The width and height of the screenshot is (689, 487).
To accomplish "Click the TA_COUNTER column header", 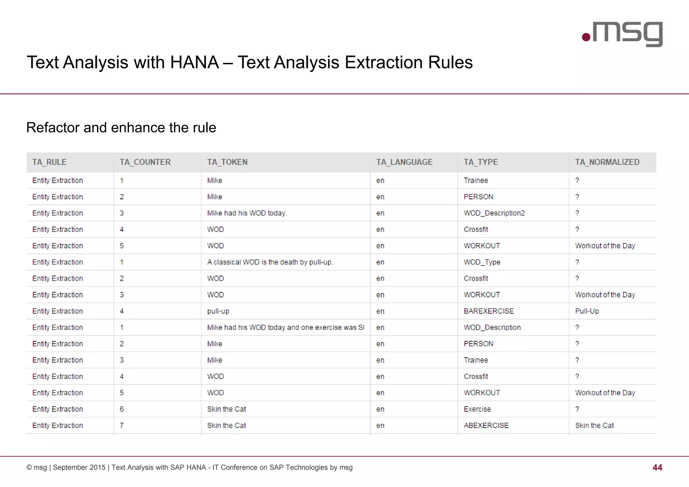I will point(145,162).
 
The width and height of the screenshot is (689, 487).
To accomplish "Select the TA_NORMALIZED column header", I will point(607,162).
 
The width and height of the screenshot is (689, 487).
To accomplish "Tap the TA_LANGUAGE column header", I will point(404,162).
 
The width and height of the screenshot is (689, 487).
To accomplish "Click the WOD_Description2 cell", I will point(494,213).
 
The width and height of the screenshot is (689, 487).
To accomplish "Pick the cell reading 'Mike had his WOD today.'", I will point(247,213).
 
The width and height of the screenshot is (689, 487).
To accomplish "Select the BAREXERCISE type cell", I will point(488,311).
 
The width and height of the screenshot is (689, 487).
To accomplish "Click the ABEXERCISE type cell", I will point(486,425).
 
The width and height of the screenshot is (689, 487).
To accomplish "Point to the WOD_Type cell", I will point(482,262).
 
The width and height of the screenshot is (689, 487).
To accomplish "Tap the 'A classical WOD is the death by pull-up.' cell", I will point(270,262).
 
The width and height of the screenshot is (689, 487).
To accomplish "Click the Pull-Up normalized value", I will point(587,311).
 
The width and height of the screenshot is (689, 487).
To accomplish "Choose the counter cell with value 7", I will point(122,425).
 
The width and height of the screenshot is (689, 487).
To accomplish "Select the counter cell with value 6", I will point(122,409).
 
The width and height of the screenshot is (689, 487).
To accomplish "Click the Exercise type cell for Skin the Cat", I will point(477,409).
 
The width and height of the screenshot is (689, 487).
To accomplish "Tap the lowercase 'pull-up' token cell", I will point(218,311).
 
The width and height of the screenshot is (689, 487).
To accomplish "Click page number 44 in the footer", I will point(657,467).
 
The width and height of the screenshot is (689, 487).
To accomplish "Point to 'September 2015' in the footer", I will point(79,467).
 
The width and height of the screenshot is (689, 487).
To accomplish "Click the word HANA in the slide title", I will point(194,63).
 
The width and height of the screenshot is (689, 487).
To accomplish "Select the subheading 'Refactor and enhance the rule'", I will point(121,128).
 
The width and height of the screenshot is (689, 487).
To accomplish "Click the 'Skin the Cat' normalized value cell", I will point(594,425).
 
